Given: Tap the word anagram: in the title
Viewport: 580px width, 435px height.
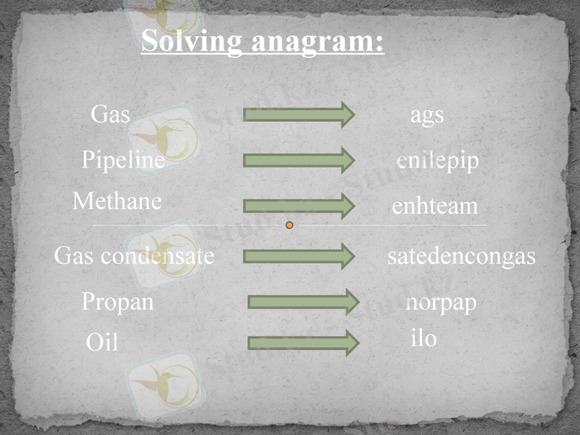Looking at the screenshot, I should click(x=318, y=41).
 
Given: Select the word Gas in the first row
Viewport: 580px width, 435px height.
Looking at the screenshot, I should click(x=110, y=115).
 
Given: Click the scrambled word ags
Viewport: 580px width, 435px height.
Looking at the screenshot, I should click(x=427, y=115).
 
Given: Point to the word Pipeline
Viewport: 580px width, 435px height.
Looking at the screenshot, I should click(x=123, y=159).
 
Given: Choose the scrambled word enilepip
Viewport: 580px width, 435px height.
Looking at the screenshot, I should click(x=438, y=161).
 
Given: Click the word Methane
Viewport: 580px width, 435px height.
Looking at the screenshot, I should click(x=117, y=201).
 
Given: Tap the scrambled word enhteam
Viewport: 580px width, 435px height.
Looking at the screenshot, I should click(x=435, y=207).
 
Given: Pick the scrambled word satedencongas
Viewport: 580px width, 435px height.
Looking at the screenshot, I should click(x=461, y=256).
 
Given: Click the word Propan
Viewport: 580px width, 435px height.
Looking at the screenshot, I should click(x=118, y=301).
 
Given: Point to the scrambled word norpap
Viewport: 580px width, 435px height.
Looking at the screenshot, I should click(x=441, y=302).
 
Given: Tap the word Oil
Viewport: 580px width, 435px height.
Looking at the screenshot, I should click(x=101, y=342).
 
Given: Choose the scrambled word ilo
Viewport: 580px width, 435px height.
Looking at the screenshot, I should click(x=423, y=338).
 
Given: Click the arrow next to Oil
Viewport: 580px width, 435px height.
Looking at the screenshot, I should click(x=303, y=342).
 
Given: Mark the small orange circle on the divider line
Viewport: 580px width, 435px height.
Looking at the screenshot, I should click(x=289, y=225).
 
